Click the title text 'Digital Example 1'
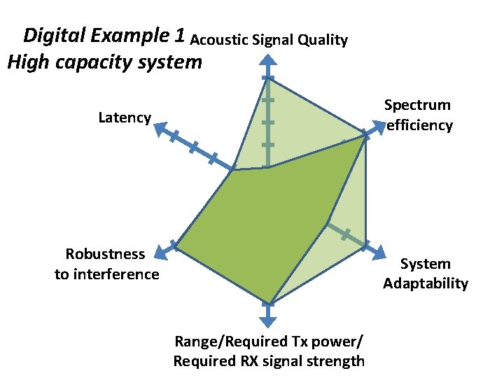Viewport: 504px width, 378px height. [x=105, y=35]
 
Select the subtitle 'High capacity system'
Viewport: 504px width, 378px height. [x=104, y=62]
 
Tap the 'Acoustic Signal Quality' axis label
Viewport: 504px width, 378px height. [x=269, y=40]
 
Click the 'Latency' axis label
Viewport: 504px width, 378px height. [x=125, y=118]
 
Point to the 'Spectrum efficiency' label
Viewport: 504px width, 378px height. [x=419, y=115]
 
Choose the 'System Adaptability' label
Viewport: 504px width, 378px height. [x=426, y=273]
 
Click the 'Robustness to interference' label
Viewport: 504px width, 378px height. [x=106, y=263]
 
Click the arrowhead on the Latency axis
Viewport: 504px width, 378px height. [x=160, y=128]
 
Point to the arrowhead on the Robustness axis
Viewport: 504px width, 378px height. [x=162, y=250]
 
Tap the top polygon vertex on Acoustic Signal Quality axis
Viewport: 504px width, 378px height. [x=267, y=77]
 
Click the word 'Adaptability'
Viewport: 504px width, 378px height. [x=426, y=283]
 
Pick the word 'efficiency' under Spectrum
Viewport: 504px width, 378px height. [x=420, y=125]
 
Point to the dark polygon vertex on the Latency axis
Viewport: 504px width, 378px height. [x=233, y=169]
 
